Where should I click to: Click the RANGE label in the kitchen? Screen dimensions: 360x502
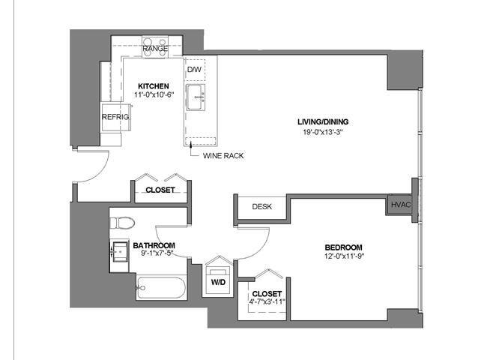coord(155,49)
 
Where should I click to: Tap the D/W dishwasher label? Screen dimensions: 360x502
coord(194,70)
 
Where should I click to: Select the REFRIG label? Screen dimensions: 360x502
coord(115,118)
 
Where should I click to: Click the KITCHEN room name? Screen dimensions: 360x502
coord(153,86)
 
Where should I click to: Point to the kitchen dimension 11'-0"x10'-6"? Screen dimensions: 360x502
coord(153,96)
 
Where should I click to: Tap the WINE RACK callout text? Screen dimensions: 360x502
coord(223,156)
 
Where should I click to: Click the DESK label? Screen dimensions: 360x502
coord(261,207)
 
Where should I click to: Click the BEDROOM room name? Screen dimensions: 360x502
coord(343,248)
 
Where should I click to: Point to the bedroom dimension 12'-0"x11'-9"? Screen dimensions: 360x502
coord(343,258)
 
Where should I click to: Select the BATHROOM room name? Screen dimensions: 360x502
coord(154,246)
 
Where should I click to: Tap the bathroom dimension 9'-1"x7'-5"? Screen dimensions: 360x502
coord(154,256)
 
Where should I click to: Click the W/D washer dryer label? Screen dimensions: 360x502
coord(219,283)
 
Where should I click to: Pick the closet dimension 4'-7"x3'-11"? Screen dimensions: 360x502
coord(266,303)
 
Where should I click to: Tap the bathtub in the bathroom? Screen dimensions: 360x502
coord(160,287)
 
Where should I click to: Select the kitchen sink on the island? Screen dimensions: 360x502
coord(196,96)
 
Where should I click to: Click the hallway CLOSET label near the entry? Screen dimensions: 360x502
coord(160,190)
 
